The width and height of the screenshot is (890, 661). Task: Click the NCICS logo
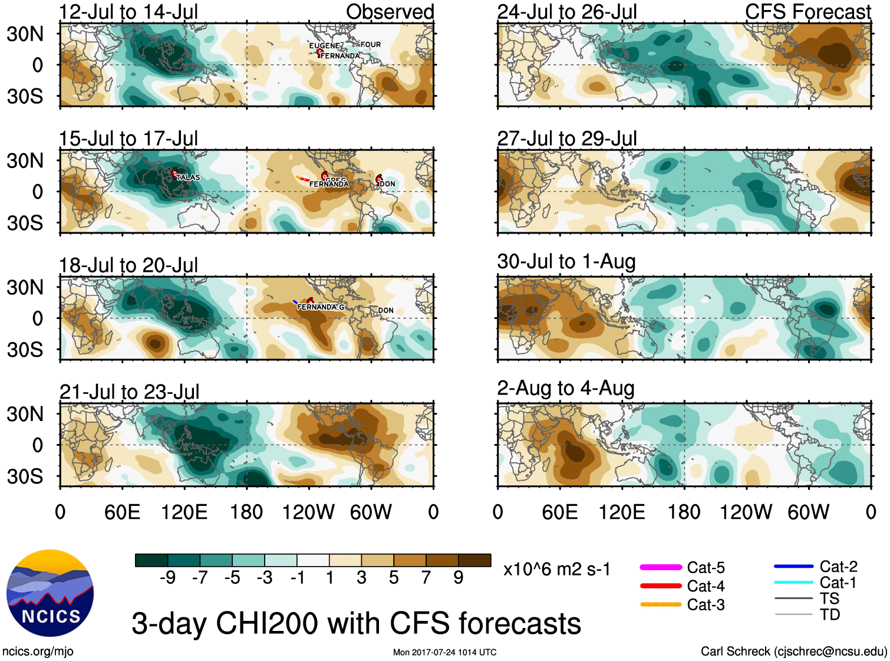[x=50, y=593]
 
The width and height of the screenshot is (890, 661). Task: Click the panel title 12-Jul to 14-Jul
[x=128, y=12]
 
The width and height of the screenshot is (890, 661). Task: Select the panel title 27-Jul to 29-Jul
[x=567, y=139]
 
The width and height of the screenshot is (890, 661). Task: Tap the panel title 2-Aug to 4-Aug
[x=566, y=389]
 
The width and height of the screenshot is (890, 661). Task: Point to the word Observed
[x=390, y=12]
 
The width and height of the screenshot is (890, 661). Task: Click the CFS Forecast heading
[x=807, y=12]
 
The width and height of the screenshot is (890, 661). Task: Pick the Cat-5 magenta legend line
[x=661, y=567]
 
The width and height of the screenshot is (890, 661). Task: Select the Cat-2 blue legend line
[x=793, y=567]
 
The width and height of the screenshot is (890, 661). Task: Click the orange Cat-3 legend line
[x=661, y=604]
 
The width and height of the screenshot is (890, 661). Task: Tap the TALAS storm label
[x=187, y=177]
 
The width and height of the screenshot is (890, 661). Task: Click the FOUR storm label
[x=371, y=45]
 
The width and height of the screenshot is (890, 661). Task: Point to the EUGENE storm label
[x=324, y=46]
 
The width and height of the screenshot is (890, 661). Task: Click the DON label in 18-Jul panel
[x=386, y=311]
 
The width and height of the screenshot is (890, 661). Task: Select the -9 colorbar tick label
[x=167, y=578]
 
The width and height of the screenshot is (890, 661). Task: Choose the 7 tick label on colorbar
[x=426, y=578]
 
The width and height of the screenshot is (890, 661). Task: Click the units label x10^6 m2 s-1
[x=556, y=570]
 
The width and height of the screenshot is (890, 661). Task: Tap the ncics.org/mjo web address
[x=38, y=652]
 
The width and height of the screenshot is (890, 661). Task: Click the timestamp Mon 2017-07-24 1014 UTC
[x=444, y=652]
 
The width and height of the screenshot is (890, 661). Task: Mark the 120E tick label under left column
[x=184, y=512]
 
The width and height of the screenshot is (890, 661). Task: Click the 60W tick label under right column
[x=808, y=512]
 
